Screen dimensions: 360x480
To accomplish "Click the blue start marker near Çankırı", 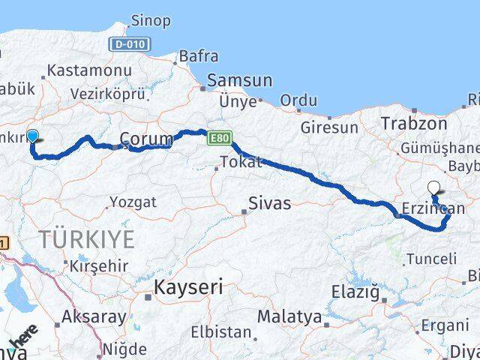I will pos(32,136).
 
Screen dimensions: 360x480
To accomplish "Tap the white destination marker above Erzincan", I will pos(433,187).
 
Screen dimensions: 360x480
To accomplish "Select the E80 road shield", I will pos(218,139).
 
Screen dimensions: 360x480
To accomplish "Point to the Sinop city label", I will pos(150,21).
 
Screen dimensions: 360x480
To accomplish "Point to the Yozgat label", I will pos(133,202).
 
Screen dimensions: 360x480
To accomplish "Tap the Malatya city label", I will pos(289,316).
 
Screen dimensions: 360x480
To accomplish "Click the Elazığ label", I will pos(355,292).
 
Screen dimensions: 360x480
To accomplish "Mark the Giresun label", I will pos(329,127).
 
